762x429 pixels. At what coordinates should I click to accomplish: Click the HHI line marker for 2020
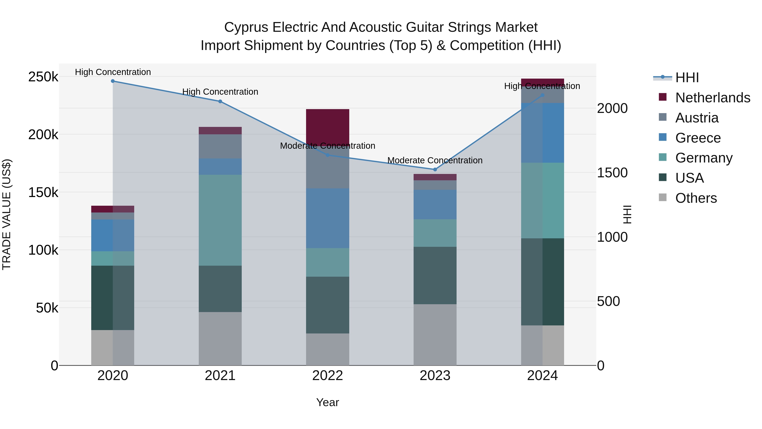(113, 81)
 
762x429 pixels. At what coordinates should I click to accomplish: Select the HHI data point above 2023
(435, 170)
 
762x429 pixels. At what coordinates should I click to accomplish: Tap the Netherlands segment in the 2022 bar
(327, 126)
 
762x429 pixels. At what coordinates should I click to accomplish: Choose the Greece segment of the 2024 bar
(542, 133)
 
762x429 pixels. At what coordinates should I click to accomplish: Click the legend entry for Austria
(697, 118)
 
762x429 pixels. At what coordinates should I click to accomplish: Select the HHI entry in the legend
(687, 78)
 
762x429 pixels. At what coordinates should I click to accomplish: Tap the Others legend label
(696, 198)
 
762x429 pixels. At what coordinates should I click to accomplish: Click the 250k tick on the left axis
(43, 77)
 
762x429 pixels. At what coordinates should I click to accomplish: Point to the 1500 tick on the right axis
(612, 173)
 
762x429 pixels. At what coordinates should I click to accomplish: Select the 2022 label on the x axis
(327, 376)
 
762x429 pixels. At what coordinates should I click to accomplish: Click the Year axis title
(327, 402)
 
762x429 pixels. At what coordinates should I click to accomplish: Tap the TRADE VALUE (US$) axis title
(7, 214)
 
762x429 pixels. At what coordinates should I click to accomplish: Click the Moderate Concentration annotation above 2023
(435, 160)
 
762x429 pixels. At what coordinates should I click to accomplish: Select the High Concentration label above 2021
(220, 92)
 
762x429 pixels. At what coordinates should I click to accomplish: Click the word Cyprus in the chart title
(246, 27)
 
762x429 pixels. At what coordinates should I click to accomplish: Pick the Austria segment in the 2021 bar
(220, 146)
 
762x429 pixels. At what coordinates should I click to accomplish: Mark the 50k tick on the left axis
(47, 308)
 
